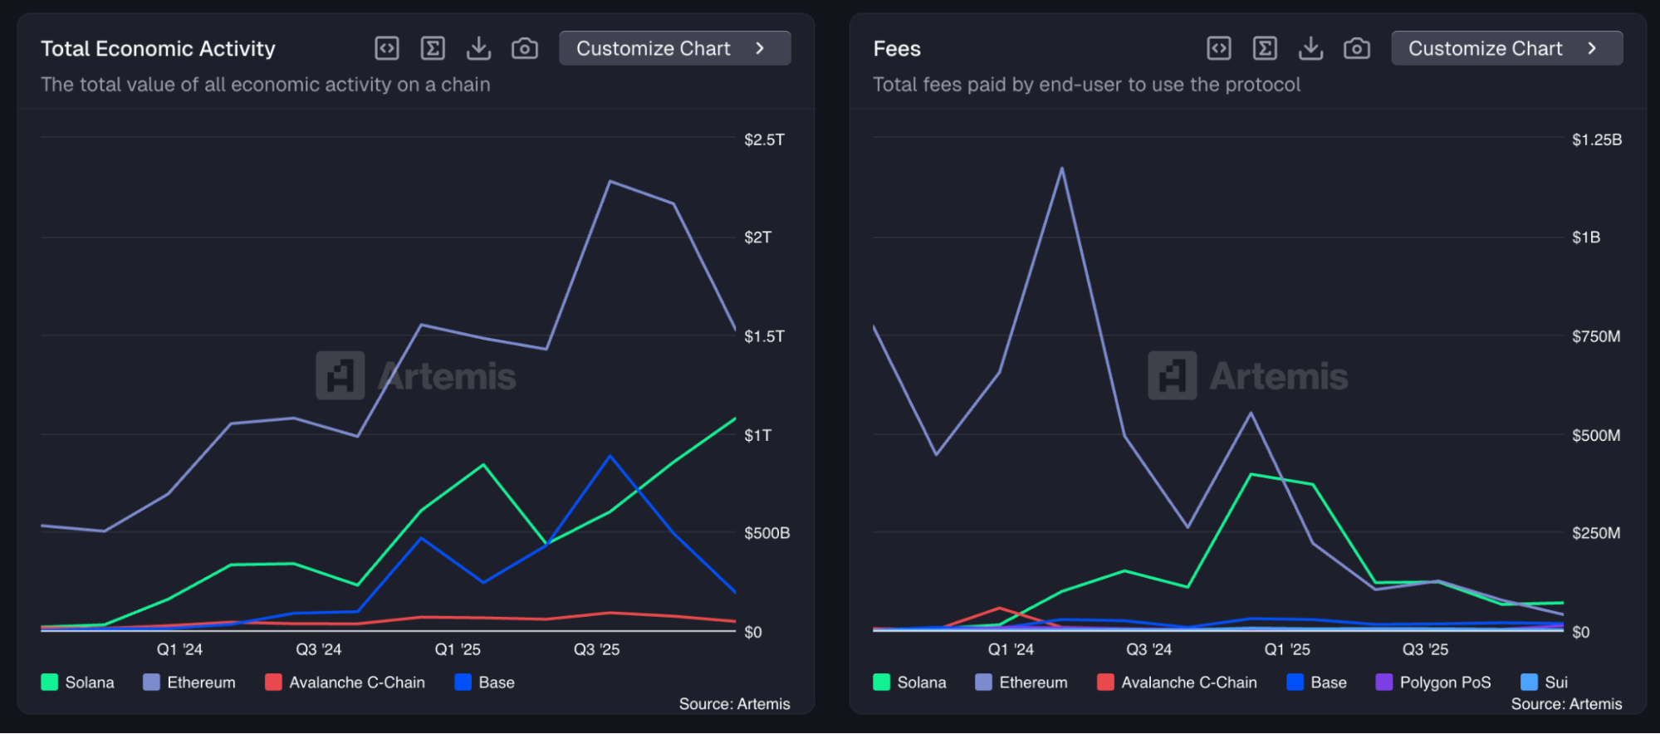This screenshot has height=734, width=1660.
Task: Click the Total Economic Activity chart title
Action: pos(158,49)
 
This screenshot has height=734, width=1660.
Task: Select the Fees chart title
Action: pos(897,49)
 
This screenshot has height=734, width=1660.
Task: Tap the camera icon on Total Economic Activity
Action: pos(525,49)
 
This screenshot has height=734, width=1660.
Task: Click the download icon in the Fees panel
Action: pos(1310,49)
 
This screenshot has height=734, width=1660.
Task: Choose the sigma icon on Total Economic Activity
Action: pos(433,49)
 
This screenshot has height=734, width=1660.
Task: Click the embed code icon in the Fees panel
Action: pos(1219,49)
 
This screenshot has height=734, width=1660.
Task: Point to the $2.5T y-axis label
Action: pos(764,139)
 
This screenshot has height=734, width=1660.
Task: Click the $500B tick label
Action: pos(766,533)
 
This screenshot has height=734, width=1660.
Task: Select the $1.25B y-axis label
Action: pos(1596,139)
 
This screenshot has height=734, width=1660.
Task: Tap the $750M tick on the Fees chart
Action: pos(1595,336)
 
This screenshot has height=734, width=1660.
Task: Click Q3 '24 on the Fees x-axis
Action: pos(1148,649)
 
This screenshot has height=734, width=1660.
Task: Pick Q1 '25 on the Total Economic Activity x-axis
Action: pos(458,649)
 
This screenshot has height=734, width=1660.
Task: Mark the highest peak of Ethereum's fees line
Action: pos(1062,169)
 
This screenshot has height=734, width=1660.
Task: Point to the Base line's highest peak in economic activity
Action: pos(610,457)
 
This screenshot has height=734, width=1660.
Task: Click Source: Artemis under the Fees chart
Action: pos(1566,704)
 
